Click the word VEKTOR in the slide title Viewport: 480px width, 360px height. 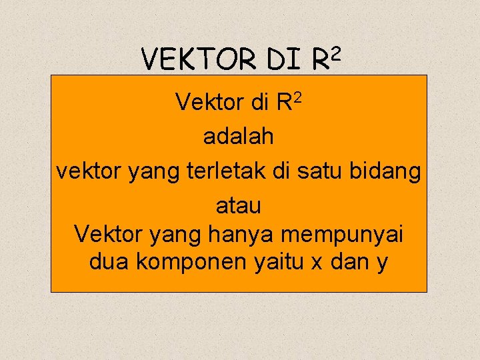pos(198,60)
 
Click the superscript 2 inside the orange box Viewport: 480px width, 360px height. pos(299,97)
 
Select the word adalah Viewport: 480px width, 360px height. pos(239,137)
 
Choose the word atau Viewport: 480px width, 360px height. pos(239,207)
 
